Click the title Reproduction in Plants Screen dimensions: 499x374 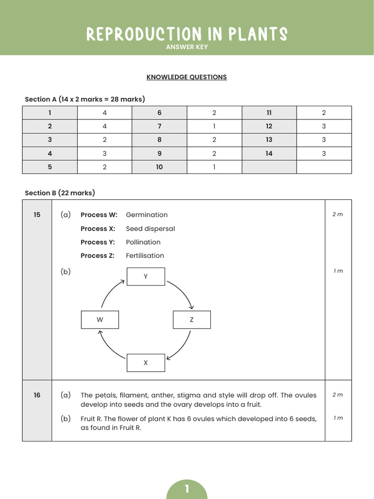coord(187,34)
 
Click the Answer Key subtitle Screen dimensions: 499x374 coord(187,47)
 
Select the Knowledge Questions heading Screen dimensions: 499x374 coord(187,77)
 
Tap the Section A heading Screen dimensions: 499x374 coord(85,99)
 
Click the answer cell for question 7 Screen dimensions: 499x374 coord(214,126)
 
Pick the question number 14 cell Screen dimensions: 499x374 coord(269,154)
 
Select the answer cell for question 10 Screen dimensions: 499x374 coord(214,167)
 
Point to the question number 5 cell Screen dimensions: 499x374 coord(50,167)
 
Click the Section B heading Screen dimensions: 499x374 coord(60,193)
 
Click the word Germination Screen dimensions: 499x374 coord(147,215)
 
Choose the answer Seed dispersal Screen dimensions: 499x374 coord(150,229)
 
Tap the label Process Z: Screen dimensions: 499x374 coord(97,256)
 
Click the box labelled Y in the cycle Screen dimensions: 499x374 coord(146,276)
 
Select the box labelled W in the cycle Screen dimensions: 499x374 coord(100,320)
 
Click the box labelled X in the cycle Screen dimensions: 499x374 coord(146,363)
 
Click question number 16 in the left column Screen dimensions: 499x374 coord(37,395)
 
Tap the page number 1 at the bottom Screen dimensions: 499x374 coord(187,489)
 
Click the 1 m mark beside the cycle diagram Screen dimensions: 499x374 coord(338,271)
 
